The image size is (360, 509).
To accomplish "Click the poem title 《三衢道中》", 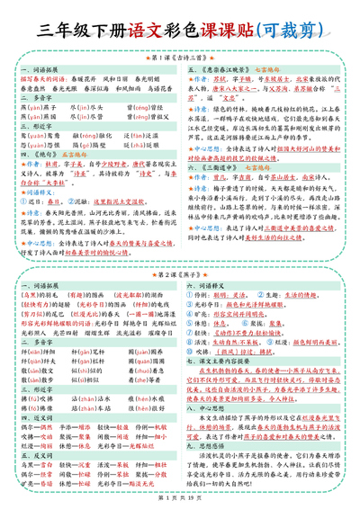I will click(x=220, y=167).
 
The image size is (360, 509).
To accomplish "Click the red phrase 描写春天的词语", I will click(x=40, y=77).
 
